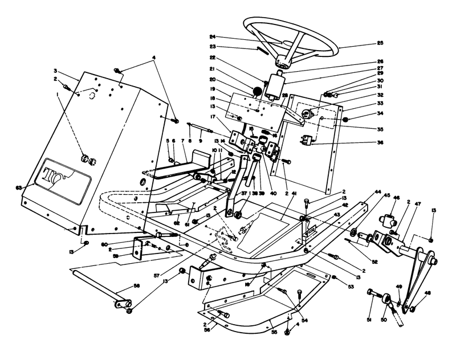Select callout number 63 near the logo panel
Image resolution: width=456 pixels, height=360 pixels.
(18, 186)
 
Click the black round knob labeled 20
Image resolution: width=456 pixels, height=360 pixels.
(257, 91)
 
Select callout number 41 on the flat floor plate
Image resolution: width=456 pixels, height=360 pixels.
(294, 194)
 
